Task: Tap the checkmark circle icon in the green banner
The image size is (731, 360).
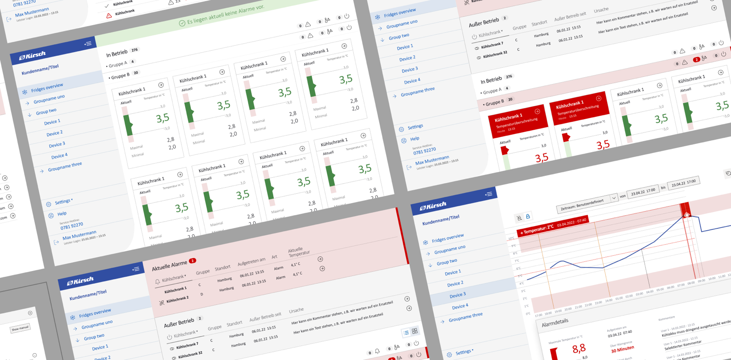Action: click(x=182, y=23)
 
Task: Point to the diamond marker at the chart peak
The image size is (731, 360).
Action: click(x=686, y=214)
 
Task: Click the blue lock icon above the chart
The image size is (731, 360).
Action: click(x=528, y=217)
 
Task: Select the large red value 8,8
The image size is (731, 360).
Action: click(x=579, y=349)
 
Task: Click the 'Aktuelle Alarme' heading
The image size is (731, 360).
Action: click(x=170, y=265)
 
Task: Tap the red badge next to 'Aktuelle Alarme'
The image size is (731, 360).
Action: click(x=192, y=261)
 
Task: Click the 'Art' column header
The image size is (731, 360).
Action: click(x=274, y=257)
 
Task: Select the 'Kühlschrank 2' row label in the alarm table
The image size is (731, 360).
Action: click(x=177, y=299)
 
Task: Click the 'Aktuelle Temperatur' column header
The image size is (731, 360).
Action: click(x=299, y=252)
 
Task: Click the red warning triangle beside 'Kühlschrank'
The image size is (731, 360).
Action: click(x=109, y=16)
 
